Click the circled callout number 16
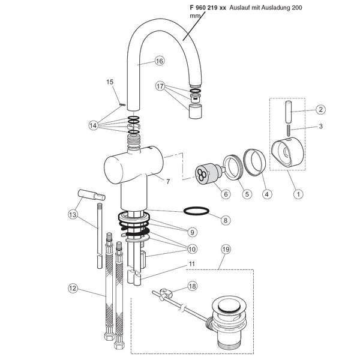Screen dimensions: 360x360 coord(159,61)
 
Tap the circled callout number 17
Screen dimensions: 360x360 coord(160,86)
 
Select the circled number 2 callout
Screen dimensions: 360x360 coord(321,110)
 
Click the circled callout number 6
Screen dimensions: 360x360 coord(209,193)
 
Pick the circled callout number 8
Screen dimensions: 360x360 coord(225,220)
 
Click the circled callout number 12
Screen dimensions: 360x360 coord(73,289)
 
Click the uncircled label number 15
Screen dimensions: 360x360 coord(110,82)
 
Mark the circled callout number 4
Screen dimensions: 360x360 coord(266,193)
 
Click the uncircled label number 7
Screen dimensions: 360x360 coord(169,180)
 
